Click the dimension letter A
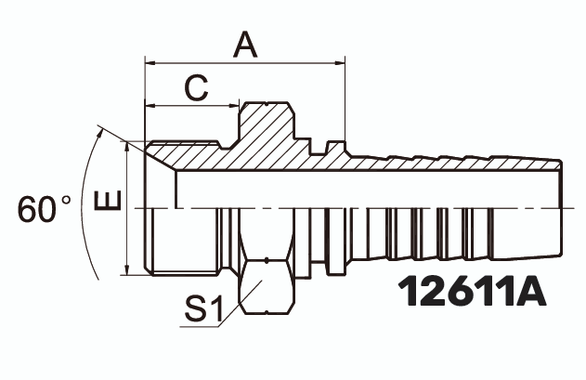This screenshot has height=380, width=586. coord(245,45)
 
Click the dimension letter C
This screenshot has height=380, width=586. coord(196,88)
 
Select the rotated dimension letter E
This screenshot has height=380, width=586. coord(108,200)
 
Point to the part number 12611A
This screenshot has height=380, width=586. coord(472,291)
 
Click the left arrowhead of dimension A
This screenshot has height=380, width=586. coord(150,63)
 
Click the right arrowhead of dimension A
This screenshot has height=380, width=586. coord(340,63)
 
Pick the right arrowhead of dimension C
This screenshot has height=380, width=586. coord(234,106)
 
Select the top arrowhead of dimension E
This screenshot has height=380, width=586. coord(127,146)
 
